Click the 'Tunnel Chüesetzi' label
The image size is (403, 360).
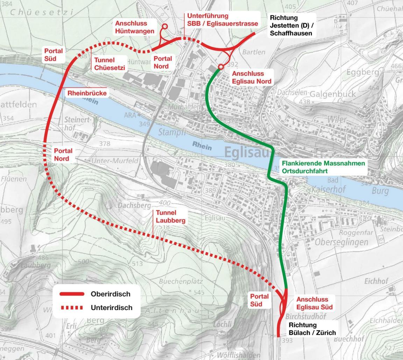109,64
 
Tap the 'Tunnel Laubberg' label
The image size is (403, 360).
170,216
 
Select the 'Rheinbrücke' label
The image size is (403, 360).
87,93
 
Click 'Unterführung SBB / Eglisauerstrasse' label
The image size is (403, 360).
222,20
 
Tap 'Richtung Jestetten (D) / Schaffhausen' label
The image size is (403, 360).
290,26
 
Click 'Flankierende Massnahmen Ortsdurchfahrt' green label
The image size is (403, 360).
323,167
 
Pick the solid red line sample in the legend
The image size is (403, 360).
72,294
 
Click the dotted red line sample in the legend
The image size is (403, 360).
72,308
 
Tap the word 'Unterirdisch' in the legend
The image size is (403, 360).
111,308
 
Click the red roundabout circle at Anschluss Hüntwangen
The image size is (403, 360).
165,26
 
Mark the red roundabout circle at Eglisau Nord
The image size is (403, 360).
221,66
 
